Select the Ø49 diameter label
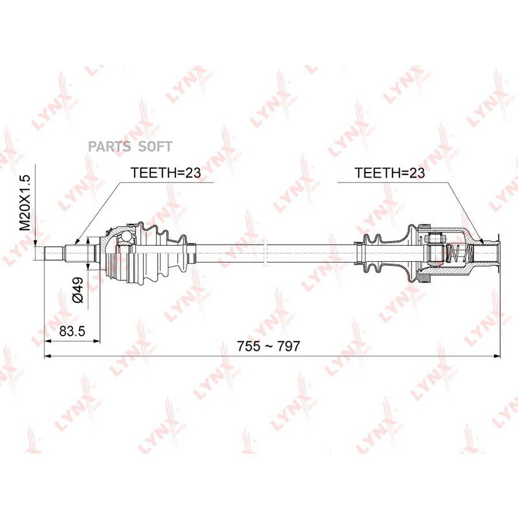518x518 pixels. click(78, 290)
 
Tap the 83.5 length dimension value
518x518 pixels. click(72, 330)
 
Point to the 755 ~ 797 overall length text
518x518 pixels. click(268, 346)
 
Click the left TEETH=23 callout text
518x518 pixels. click(166, 173)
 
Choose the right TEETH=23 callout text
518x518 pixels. click(390, 173)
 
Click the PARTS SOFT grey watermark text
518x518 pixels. click(130, 146)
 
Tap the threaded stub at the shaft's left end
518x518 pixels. click(54, 253)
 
